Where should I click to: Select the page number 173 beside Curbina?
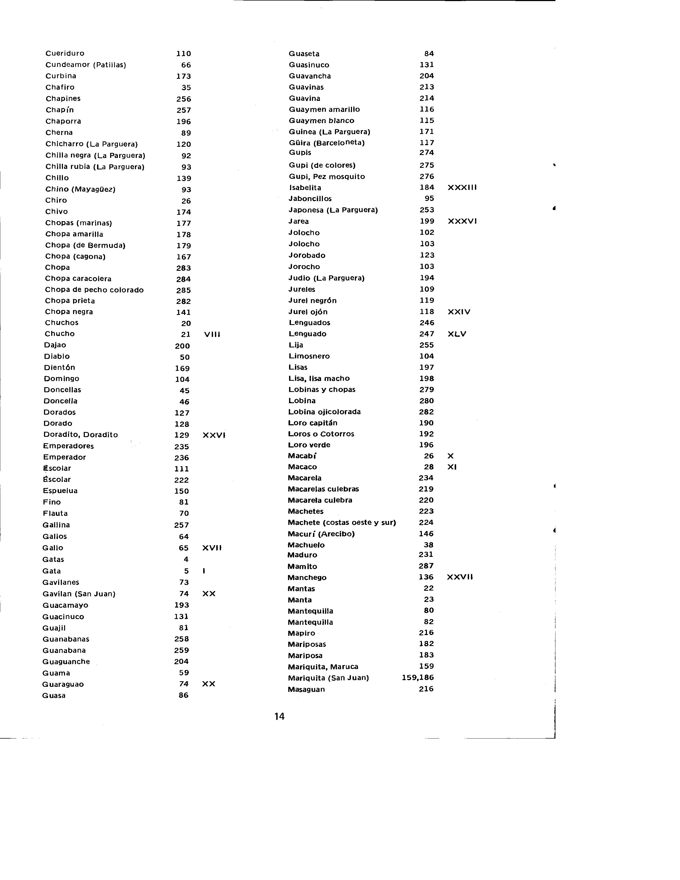[x=183, y=76]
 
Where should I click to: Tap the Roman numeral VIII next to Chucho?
[x=212, y=334]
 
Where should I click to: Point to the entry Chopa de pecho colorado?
[x=94, y=290]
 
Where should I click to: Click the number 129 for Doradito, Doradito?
[x=182, y=435]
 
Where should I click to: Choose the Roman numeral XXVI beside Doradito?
[x=214, y=435]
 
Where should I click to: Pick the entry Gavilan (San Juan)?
[x=79, y=594]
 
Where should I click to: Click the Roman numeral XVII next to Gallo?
[x=212, y=548]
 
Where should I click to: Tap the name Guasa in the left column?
[x=54, y=695]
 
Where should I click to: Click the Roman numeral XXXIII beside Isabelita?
[x=462, y=187]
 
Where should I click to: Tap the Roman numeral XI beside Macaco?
[x=452, y=467]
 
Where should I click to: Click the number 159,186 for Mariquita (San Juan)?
[x=418, y=678]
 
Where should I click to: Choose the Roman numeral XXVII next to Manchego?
[x=460, y=577]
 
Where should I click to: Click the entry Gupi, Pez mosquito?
[x=326, y=176]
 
